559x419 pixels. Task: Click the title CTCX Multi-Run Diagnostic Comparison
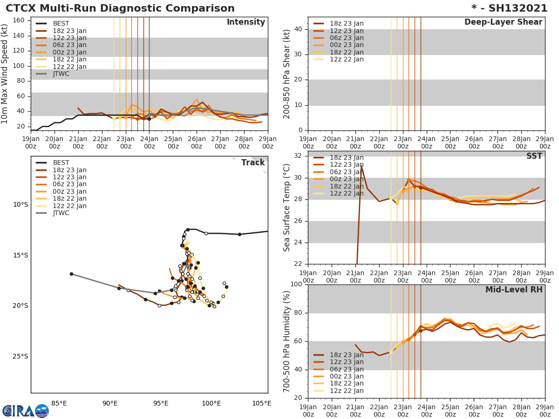click(x=120, y=8)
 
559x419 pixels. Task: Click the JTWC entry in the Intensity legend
click(x=61, y=74)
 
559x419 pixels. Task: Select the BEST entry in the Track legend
click(x=61, y=163)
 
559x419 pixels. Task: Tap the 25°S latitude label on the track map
click(x=20, y=357)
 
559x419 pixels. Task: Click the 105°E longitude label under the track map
click(x=261, y=403)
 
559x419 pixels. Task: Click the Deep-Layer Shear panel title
click(x=503, y=22)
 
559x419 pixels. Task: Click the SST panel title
click(x=534, y=156)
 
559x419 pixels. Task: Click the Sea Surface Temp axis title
click(x=287, y=208)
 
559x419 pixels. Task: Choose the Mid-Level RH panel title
click(x=514, y=290)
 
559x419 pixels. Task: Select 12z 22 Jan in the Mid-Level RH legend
click(x=347, y=391)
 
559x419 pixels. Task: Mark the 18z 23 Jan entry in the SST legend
click(x=347, y=157)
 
